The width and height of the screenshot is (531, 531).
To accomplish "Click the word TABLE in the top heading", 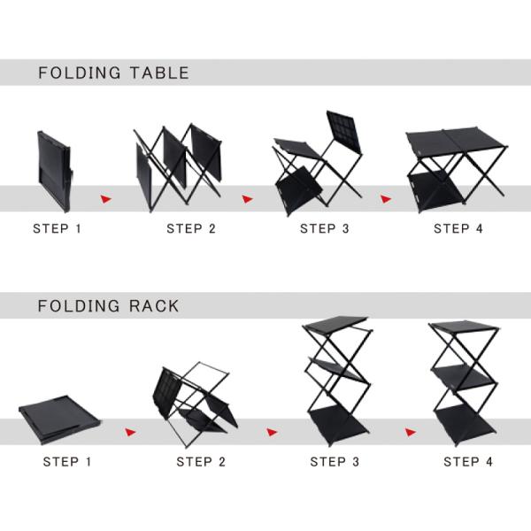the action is (x=159, y=73).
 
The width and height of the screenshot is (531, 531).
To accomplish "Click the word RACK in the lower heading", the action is (x=154, y=306).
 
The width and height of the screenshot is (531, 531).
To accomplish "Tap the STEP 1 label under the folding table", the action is (x=57, y=228).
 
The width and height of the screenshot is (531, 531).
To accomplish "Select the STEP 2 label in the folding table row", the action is (x=191, y=228).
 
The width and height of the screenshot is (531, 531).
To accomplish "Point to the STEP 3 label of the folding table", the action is (x=325, y=228).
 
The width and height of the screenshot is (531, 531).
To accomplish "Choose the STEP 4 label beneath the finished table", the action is (x=458, y=228).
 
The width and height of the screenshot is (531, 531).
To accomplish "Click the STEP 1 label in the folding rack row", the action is (x=67, y=462).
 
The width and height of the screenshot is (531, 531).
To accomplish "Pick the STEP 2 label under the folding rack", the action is (x=201, y=462).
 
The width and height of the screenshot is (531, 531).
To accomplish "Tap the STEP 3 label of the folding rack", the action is (x=335, y=462).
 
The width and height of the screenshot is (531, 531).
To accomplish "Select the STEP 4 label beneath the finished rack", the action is (x=468, y=462).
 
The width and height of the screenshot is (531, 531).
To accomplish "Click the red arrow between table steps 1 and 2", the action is (x=105, y=199).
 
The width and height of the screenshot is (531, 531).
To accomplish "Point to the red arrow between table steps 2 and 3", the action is (x=247, y=199).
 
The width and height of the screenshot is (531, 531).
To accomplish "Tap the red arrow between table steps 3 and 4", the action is (x=386, y=199).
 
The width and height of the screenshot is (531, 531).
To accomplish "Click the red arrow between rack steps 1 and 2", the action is (x=130, y=432).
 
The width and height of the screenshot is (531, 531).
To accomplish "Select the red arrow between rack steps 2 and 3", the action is (x=272, y=432).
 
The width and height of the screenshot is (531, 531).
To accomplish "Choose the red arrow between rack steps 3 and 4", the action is (x=411, y=432).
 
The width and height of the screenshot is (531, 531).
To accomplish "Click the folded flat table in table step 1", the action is (x=55, y=171).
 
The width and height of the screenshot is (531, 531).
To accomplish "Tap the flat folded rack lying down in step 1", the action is (x=59, y=419).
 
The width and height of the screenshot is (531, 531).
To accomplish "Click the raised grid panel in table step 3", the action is (x=344, y=131).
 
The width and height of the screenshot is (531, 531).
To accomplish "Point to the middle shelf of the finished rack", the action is (x=463, y=377).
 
